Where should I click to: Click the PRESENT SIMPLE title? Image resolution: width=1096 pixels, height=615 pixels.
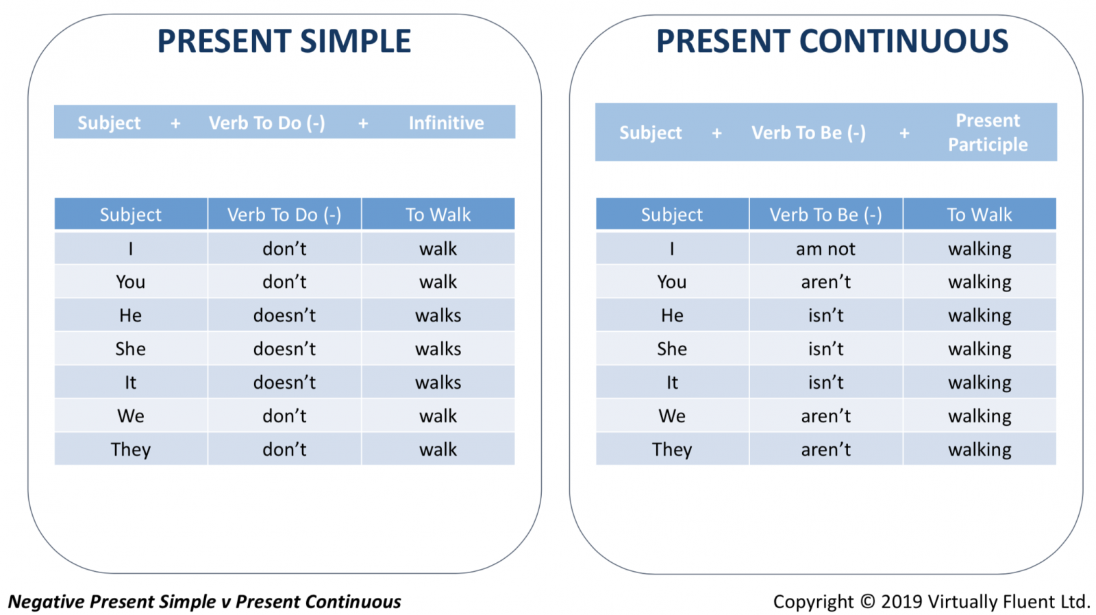click(x=284, y=41)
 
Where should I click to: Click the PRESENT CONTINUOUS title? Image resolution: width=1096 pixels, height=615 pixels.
click(x=832, y=41)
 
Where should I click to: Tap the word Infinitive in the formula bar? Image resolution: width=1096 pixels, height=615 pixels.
click(x=446, y=123)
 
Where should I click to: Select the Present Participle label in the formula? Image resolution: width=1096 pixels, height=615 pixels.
click(x=988, y=132)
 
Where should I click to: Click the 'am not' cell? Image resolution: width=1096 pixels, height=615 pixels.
click(x=825, y=249)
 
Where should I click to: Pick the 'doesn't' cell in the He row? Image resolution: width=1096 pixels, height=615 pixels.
click(x=284, y=315)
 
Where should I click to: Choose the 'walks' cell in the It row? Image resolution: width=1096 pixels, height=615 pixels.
click(x=438, y=382)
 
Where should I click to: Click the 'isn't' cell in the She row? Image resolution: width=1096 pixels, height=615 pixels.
click(x=825, y=348)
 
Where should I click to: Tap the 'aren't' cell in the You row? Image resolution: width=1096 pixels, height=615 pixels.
click(x=825, y=282)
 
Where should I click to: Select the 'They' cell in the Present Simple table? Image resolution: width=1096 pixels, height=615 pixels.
click(x=131, y=449)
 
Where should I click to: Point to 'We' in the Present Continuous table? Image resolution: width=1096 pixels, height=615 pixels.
click(x=672, y=415)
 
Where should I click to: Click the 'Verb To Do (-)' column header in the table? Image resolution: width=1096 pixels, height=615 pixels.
click(x=284, y=214)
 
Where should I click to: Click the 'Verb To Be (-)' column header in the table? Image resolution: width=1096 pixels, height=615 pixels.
click(x=825, y=214)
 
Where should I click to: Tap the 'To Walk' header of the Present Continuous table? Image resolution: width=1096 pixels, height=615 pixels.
click(x=979, y=214)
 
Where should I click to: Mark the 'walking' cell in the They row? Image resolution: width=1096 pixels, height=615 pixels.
click(x=979, y=449)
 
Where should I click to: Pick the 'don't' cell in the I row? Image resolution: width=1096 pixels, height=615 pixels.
click(x=284, y=249)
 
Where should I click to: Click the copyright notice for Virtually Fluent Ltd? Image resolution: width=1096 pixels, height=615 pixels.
click(x=931, y=601)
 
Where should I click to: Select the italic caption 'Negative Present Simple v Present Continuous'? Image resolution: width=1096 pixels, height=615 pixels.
click(x=205, y=601)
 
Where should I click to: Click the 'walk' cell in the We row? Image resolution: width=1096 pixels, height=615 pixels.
click(x=438, y=415)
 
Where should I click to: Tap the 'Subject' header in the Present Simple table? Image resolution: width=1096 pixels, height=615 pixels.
click(x=131, y=214)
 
